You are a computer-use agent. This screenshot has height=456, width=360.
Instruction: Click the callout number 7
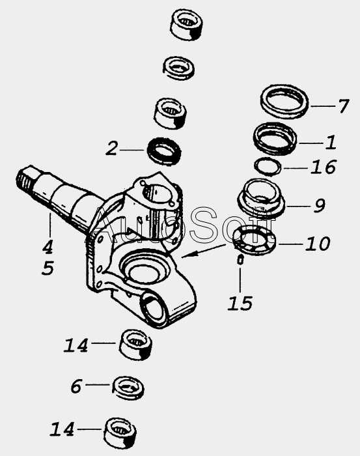[x=344, y=106]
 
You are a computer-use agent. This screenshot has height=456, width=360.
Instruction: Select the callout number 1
[x=331, y=143]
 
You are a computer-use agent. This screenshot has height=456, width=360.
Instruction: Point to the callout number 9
[x=320, y=206]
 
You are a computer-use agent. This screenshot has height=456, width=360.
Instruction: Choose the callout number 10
[x=318, y=244]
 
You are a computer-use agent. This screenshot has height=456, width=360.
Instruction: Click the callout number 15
[x=240, y=304]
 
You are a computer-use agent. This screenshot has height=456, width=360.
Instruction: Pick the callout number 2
[x=111, y=149]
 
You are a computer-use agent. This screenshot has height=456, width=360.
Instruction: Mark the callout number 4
[x=48, y=247]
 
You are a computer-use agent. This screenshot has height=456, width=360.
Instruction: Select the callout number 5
[x=48, y=268]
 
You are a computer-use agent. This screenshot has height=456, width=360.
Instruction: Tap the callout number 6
[x=76, y=386]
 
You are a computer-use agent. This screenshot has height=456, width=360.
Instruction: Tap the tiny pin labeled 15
[x=240, y=260]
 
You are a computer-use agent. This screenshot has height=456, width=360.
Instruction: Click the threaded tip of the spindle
[x=23, y=178]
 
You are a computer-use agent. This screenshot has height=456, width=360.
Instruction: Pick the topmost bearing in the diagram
[x=186, y=25]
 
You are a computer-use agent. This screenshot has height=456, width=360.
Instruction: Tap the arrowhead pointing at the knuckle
[x=186, y=255]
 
